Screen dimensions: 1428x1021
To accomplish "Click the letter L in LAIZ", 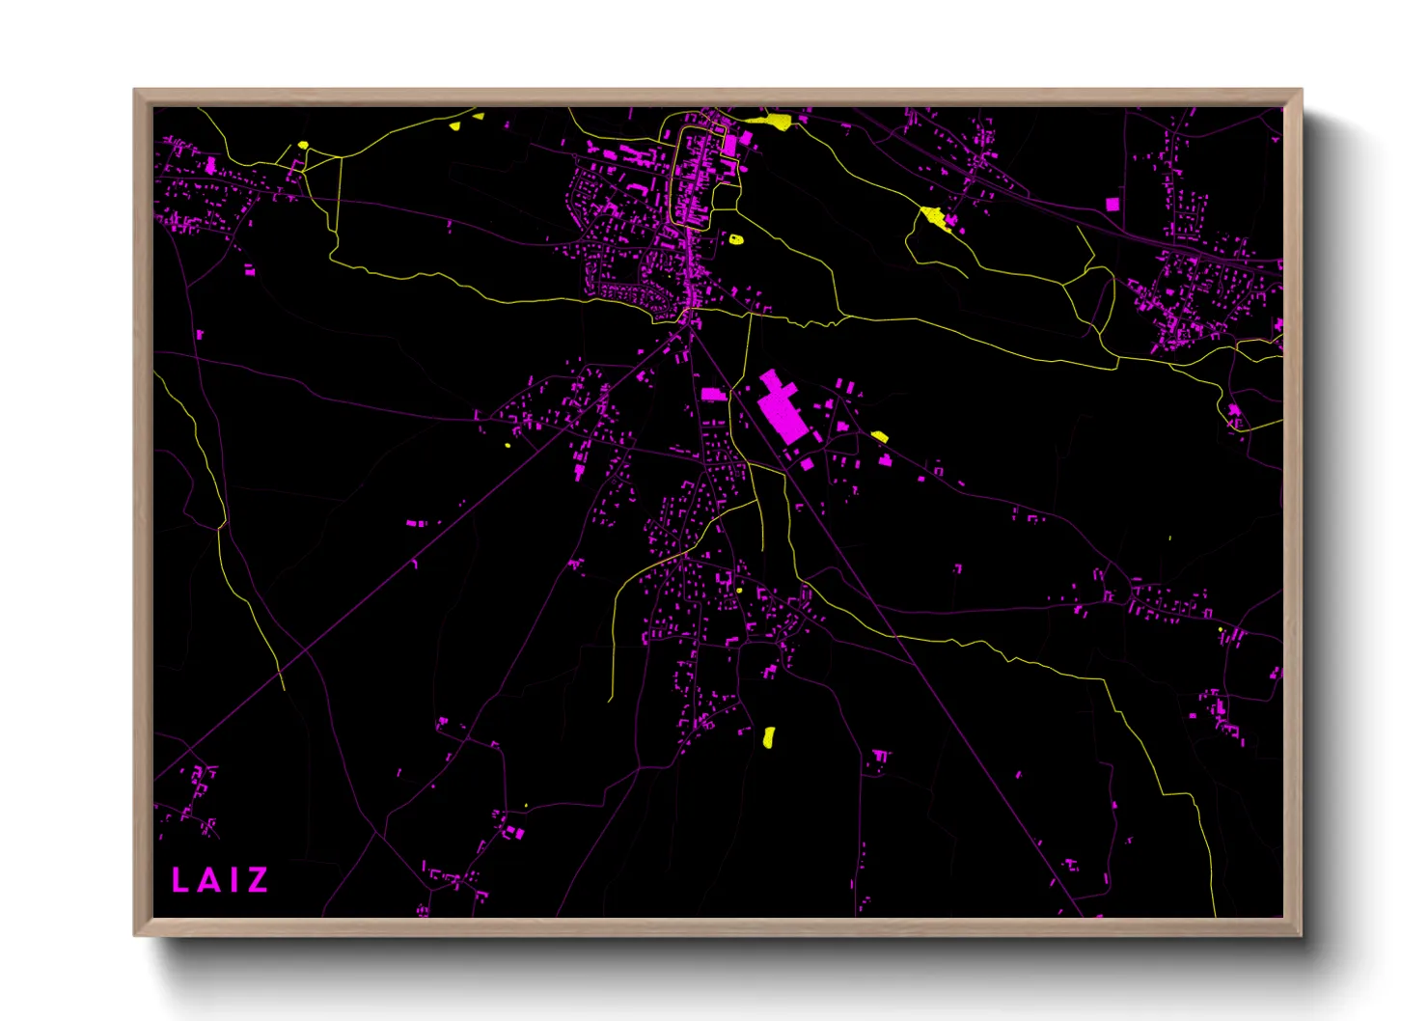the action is coord(179,880).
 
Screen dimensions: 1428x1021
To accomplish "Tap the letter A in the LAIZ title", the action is coord(206,880).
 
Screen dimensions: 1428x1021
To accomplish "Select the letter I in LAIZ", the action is coord(232,880).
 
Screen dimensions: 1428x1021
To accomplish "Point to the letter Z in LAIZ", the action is coord(257,880).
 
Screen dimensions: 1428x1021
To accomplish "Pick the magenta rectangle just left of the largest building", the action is coord(713,394).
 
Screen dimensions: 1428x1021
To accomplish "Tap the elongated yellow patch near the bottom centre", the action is coord(769,737).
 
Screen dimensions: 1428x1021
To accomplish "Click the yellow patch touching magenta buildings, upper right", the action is coord(933,216).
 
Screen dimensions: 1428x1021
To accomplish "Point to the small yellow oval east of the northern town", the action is coord(736,238).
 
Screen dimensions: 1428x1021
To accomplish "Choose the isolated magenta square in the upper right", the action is coord(1112,204).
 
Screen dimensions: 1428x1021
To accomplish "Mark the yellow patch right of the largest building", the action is coord(879,436).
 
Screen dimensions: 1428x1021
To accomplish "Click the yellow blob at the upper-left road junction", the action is coord(303,146).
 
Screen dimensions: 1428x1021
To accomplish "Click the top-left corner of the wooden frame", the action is coord(135,91).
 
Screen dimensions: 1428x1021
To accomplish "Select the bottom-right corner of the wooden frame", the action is coord(1301,934).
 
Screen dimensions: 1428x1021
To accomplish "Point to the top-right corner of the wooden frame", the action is coord(1301,91).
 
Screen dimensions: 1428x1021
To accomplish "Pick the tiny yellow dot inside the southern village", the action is coord(739,590).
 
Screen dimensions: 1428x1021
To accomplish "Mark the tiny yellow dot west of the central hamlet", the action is coord(508,445).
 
